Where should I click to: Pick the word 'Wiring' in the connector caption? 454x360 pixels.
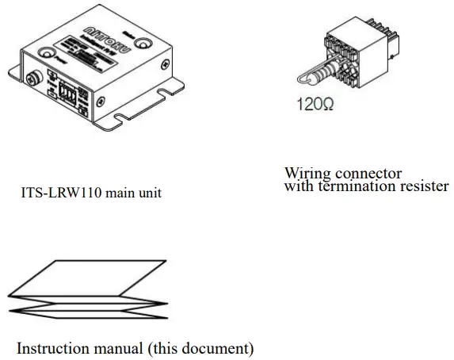(x=304, y=173)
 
